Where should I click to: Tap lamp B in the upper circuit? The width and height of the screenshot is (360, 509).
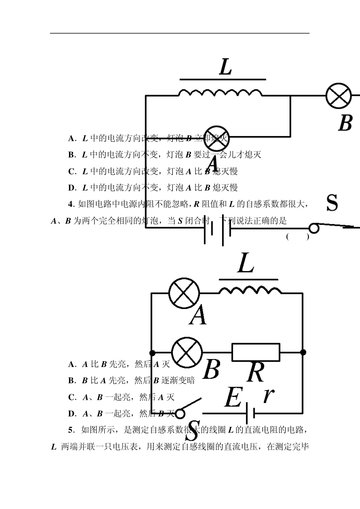(x=339, y=95)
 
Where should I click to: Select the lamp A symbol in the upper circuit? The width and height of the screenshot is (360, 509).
(x=216, y=137)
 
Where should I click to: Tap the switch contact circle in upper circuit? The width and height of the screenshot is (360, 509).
(x=314, y=228)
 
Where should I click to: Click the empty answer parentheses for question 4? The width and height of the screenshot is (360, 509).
(x=297, y=237)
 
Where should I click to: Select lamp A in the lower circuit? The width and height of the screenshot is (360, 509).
(x=184, y=293)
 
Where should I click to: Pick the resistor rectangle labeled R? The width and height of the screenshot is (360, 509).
(x=256, y=352)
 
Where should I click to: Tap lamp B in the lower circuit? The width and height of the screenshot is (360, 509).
(x=187, y=352)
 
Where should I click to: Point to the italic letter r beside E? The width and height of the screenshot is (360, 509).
(x=268, y=395)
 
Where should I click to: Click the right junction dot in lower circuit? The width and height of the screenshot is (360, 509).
(x=303, y=352)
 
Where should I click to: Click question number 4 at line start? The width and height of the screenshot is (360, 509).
(x=71, y=204)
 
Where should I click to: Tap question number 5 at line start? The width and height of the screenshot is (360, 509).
(x=71, y=430)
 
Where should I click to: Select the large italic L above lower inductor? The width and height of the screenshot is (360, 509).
(x=246, y=264)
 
